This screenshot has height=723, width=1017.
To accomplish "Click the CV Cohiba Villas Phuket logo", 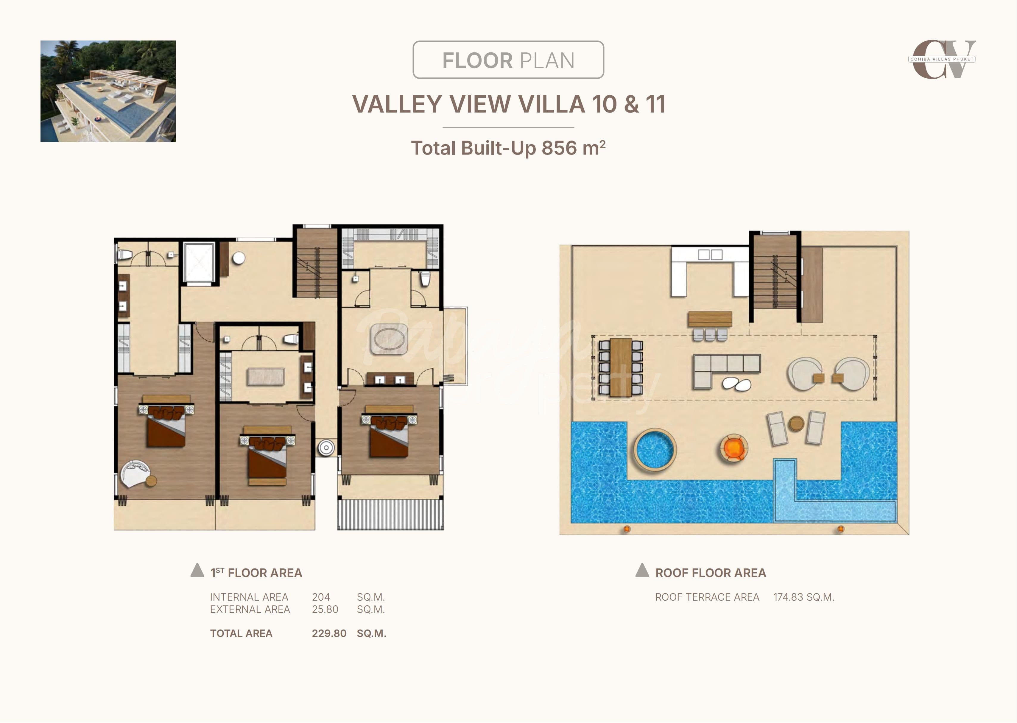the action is (x=942, y=59).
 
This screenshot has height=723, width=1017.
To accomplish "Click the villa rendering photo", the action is (x=108, y=91).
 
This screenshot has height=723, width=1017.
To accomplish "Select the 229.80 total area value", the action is (x=329, y=633).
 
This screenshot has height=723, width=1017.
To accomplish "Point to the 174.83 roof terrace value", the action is (x=788, y=597).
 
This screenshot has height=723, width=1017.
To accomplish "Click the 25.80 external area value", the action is (x=325, y=610).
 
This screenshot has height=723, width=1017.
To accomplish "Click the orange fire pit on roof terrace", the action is (x=733, y=448).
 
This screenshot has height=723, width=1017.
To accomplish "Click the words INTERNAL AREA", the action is (x=249, y=597).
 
